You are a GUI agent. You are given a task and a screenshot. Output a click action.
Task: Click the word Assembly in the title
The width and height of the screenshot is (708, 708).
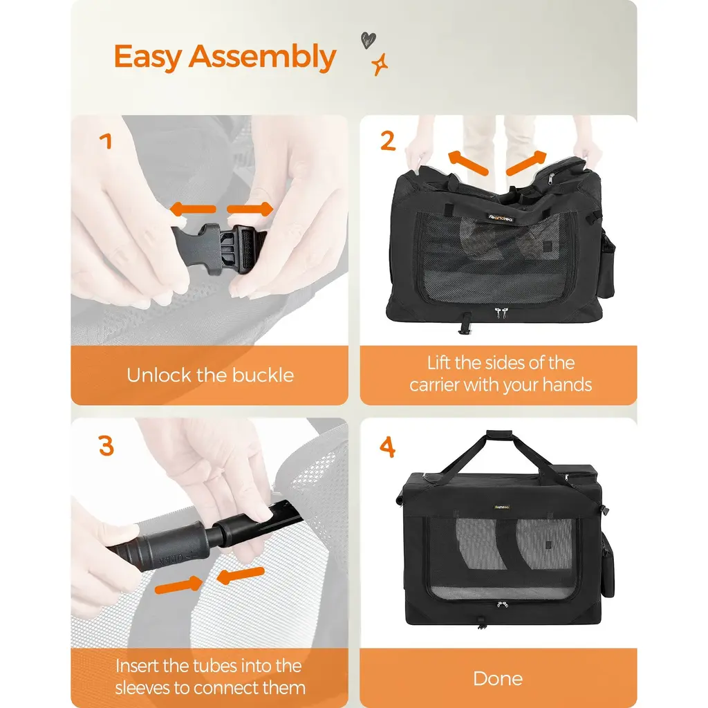[x=262, y=57]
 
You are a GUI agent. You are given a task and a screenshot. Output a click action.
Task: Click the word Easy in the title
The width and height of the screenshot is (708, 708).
[x=148, y=57]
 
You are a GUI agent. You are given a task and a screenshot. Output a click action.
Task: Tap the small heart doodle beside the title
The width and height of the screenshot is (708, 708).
[x=368, y=40]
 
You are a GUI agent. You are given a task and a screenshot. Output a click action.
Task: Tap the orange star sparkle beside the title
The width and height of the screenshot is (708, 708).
[x=380, y=64]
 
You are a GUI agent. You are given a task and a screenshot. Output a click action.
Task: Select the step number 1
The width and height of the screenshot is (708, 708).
[x=106, y=141]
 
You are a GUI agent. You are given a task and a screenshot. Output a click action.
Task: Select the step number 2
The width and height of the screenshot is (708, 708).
[x=388, y=141]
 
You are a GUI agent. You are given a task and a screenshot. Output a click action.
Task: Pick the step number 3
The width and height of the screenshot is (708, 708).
[x=106, y=446]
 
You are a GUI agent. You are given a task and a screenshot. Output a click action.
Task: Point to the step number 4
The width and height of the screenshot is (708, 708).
[x=387, y=447]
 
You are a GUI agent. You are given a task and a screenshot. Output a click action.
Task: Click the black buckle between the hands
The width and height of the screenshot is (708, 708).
[x=218, y=249]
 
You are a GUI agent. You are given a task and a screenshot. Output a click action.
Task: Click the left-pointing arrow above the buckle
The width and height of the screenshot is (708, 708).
[x=193, y=209]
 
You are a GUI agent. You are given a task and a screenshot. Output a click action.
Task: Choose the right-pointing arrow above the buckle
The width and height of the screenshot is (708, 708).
[x=250, y=209]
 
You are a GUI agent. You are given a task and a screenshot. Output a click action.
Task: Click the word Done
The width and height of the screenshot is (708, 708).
[x=498, y=679]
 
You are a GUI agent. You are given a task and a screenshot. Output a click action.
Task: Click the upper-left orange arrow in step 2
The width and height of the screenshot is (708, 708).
[x=468, y=163]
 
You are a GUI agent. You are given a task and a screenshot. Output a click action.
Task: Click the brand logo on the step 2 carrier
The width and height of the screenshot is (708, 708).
[x=501, y=218]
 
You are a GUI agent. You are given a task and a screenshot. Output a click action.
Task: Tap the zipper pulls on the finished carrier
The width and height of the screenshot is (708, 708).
[x=502, y=604]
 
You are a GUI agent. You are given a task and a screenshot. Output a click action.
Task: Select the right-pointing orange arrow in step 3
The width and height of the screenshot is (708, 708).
[x=179, y=585]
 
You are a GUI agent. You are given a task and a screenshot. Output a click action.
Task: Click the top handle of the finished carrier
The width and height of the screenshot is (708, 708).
[x=499, y=435]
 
